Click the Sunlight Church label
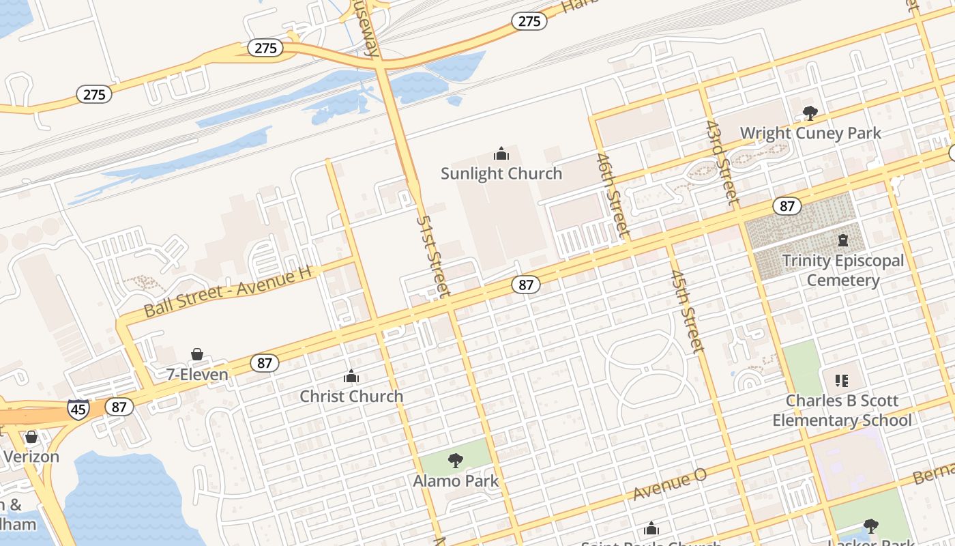click(x=501, y=173)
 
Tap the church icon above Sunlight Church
click(x=501, y=154)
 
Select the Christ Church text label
click(x=351, y=396)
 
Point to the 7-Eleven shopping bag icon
click(x=197, y=354)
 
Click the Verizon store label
click(x=31, y=457)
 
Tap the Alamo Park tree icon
click(x=456, y=461)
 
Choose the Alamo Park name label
click(x=456, y=480)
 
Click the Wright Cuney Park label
click(x=810, y=133)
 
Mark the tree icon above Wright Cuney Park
click(x=810, y=113)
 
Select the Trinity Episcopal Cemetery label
click(x=843, y=270)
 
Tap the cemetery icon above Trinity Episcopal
click(x=843, y=240)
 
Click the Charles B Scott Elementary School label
click(x=842, y=410)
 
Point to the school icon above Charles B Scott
click(x=842, y=380)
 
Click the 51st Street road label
click(x=434, y=257)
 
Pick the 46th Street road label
click(x=612, y=195)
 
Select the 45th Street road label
click(x=686, y=311)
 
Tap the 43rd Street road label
click(x=722, y=163)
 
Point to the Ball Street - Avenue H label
click(x=228, y=291)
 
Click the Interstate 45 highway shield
click(x=78, y=409)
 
